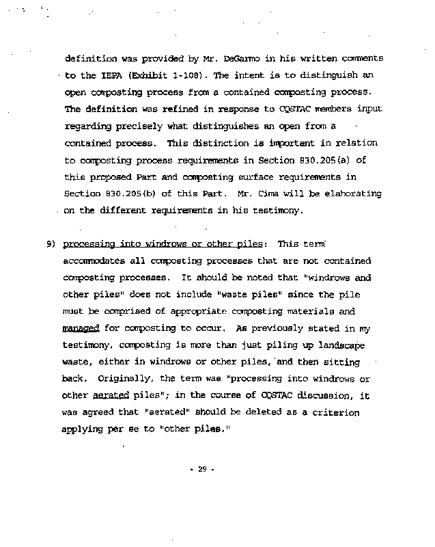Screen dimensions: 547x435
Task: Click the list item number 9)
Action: (x=51, y=244)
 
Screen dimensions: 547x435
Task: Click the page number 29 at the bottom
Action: (x=202, y=470)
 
